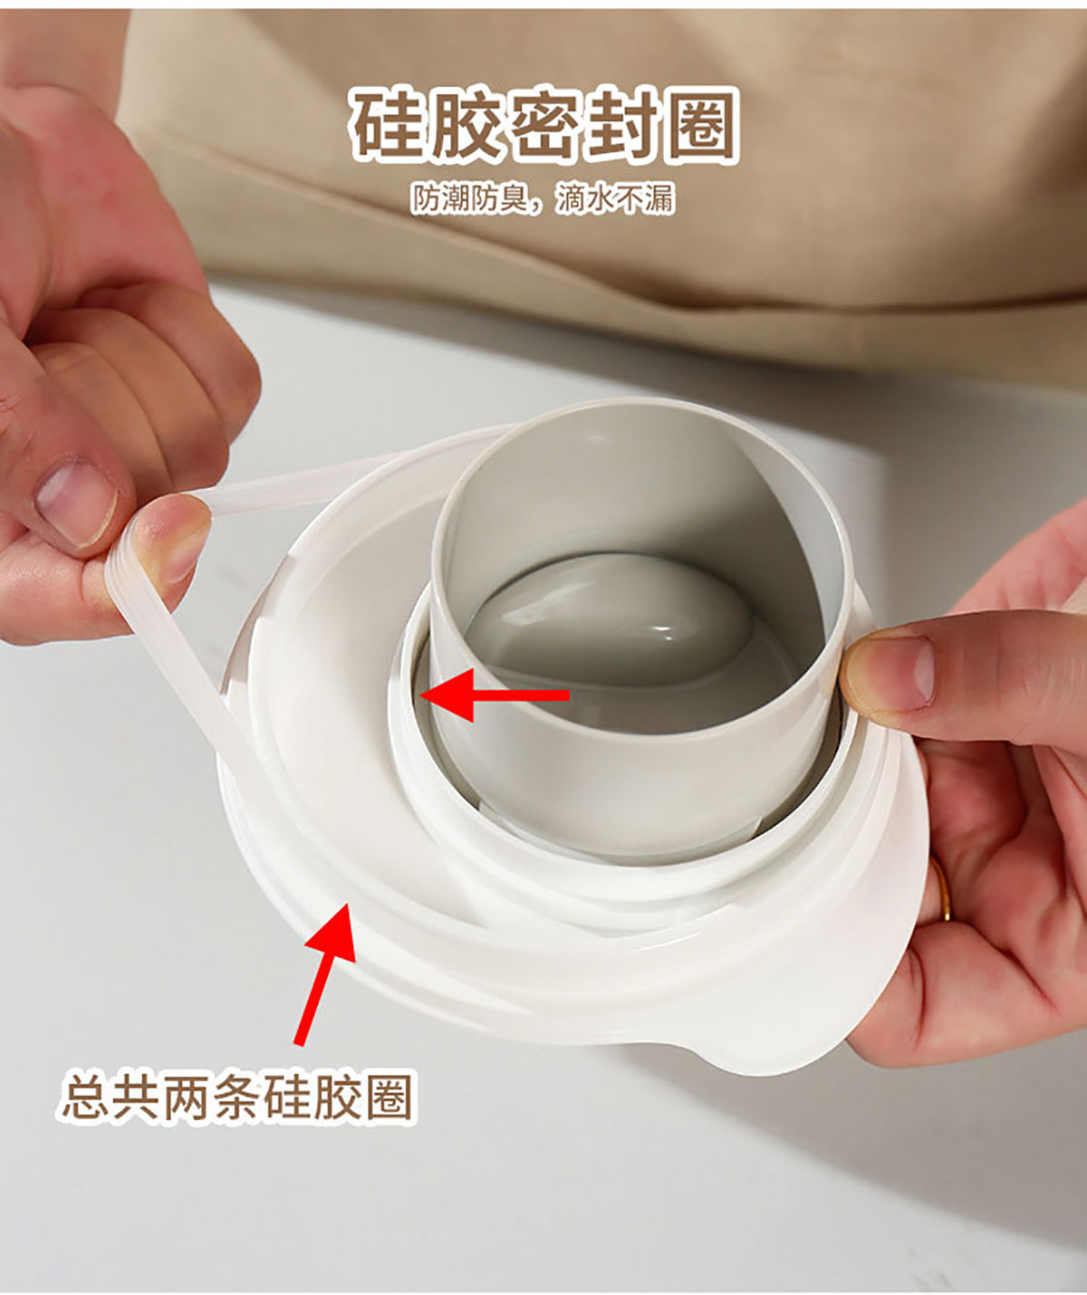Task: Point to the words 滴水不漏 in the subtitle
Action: tap(614, 199)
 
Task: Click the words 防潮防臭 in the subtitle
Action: tap(469, 199)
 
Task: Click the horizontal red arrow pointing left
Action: tap(495, 695)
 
